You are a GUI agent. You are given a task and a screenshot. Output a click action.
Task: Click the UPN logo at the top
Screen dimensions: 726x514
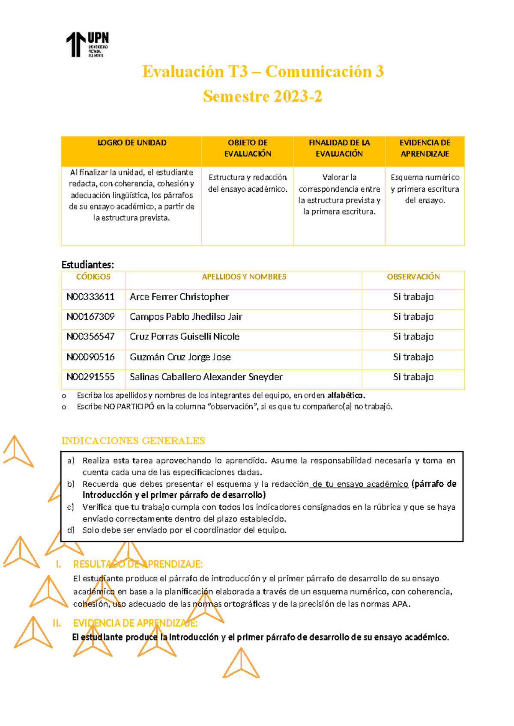[x=87, y=45]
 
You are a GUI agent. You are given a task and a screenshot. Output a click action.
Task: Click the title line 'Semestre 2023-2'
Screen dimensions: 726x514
[x=262, y=96]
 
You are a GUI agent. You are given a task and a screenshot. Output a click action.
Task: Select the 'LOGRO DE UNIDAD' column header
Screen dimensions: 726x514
[x=132, y=143]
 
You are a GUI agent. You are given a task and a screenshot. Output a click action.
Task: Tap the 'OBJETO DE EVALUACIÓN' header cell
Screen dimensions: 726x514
[x=248, y=148]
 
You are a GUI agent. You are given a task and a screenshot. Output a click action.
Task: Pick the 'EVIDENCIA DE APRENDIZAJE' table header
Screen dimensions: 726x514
[x=424, y=148]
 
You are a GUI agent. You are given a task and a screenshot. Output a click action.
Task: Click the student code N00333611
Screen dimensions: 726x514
[x=90, y=297]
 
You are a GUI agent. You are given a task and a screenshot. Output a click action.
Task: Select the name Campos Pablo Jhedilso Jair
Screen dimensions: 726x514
[x=186, y=317]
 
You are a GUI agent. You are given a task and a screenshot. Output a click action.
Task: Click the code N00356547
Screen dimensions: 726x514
[x=90, y=336]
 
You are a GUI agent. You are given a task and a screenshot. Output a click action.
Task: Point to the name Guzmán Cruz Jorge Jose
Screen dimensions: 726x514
[x=180, y=357]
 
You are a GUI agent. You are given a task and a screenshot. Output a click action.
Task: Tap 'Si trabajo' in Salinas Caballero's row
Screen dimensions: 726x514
[x=413, y=377]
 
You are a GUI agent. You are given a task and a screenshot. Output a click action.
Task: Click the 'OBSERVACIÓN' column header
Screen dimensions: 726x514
[x=413, y=277]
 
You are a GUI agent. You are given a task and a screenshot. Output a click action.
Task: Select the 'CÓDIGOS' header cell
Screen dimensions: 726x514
[x=93, y=277]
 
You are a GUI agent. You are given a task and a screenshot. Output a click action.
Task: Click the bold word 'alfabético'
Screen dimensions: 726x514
[x=346, y=396]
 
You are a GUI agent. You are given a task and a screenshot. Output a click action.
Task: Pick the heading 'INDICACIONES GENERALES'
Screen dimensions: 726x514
[x=133, y=441]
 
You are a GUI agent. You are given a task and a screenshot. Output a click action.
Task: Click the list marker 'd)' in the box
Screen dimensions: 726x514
[x=71, y=530]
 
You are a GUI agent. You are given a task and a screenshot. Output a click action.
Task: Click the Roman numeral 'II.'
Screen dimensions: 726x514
[x=57, y=623]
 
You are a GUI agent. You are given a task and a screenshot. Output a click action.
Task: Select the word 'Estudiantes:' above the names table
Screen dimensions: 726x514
[x=87, y=265]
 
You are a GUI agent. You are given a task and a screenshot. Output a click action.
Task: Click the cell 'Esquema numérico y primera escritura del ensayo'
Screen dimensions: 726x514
[x=424, y=189]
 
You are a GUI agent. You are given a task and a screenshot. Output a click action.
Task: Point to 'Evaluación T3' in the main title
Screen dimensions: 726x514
[x=195, y=71]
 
